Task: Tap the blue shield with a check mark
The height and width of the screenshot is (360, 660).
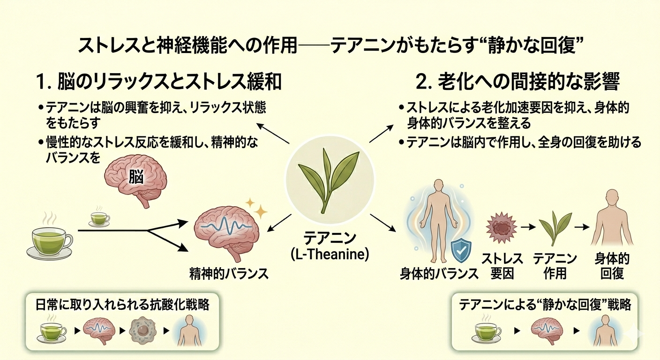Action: pyautogui.click(x=461, y=252)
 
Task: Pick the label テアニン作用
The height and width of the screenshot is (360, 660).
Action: pyautogui.click(x=555, y=265)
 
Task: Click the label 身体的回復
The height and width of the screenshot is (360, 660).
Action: pyautogui.click(x=612, y=265)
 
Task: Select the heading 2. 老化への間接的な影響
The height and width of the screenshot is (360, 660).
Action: pyautogui.click(x=518, y=82)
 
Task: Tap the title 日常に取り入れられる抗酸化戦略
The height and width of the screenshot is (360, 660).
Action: pyautogui.click(x=122, y=305)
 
